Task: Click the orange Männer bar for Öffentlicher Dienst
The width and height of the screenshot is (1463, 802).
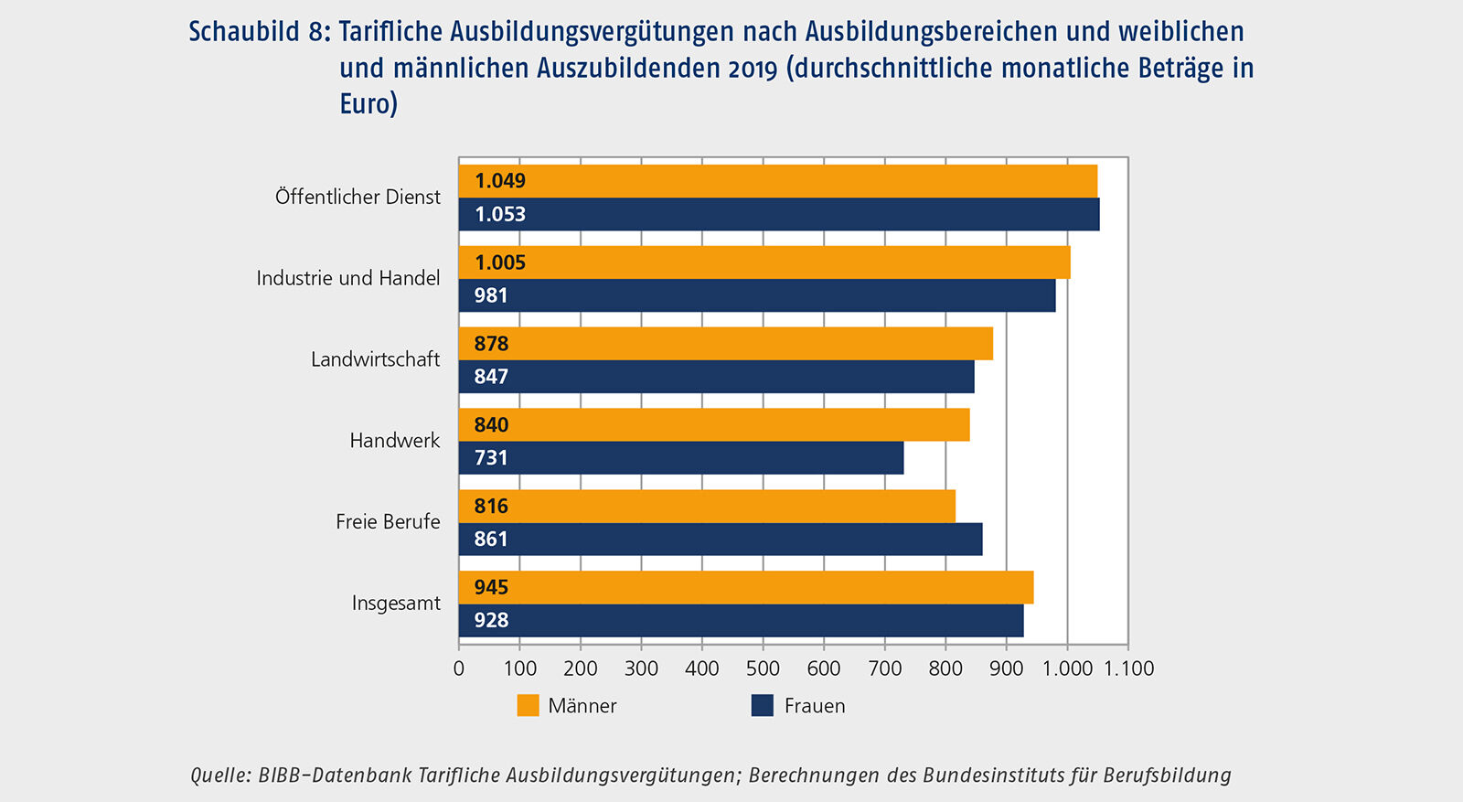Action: pyautogui.click(x=777, y=181)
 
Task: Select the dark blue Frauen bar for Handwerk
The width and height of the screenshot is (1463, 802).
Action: pyautogui.click(x=681, y=458)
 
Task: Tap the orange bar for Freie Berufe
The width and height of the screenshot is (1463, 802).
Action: pyautogui.click(x=707, y=507)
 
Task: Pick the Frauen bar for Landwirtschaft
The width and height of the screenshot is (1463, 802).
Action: pyautogui.click(x=716, y=377)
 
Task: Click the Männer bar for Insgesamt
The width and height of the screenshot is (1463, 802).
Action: pyautogui.click(x=746, y=588)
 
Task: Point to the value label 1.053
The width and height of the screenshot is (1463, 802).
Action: pyautogui.click(x=500, y=215)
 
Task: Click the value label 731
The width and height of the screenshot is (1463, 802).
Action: pyautogui.click(x=491, y=458)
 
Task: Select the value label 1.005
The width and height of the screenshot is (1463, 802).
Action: pyautogui.click(x=500, y=263)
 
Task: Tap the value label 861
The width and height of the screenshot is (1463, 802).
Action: pyautogui.click(x=491, y=540)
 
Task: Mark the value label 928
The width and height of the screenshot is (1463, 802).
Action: pyautogui.click(x=491, y=621)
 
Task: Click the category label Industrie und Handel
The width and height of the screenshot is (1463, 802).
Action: pyautogui.click(x=348, y=278)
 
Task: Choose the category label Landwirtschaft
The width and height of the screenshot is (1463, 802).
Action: pyautogui.click(x=375, y=359)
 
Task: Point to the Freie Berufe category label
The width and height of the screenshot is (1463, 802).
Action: pyautogui.click(x=388, y=522)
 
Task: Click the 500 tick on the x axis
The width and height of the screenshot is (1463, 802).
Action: pyautogui.click(x=763, y=668)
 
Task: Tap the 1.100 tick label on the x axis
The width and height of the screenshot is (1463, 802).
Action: pyautogui.click(x=1128, y=668)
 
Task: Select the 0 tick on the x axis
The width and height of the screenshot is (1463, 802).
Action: pyautogui.click(x=459, y=668)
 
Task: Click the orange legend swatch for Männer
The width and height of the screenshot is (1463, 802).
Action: pyautogui.click(x=528, y=706)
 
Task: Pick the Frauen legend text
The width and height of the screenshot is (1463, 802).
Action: pyautogui.click(x=815, y=706)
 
